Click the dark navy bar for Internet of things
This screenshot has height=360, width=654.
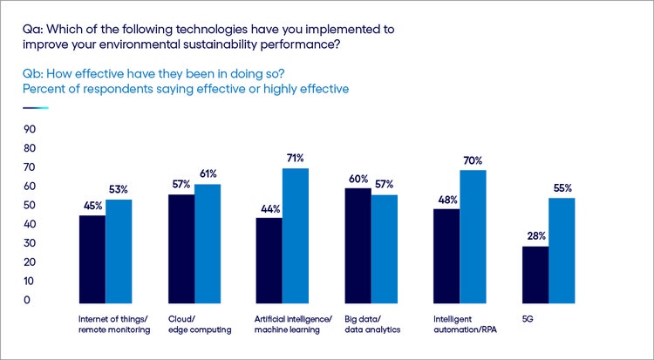[92, 258]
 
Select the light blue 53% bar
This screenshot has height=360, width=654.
[119, 250]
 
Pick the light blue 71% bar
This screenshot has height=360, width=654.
[296, 234]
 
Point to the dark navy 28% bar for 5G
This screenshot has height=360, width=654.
[536, 274]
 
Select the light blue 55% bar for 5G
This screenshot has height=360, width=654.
[562, 249]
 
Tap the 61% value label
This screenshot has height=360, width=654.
[207, 173]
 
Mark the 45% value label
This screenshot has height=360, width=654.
[92, 205]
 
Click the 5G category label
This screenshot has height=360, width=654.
[528, 320]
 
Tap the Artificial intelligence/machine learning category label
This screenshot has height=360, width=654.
[294, 325]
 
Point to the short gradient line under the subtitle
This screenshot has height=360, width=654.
[36, 108]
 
